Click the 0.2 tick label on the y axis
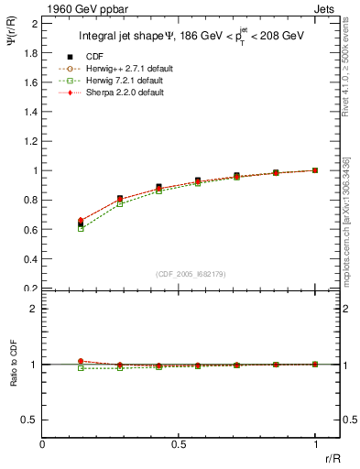tap(32, 289)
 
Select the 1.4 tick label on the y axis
tap(32, 112)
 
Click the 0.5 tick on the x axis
tap(179, 443)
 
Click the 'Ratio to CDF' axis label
tap(12, 377)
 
